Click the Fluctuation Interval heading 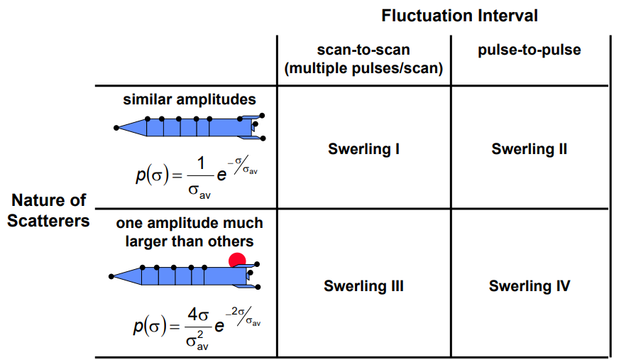[459, 16]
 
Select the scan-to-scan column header [363, 50]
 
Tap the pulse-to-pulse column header [530, 50]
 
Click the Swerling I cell [363, 149]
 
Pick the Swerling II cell [530, 149]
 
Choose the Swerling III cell [363, 286]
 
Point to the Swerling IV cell [530, 286]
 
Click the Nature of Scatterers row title [48, 210]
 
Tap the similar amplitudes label [189, 99]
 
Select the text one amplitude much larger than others [189, 232]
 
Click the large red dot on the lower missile [237, 261]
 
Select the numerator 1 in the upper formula [201, 163]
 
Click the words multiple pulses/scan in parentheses [363, 68]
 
